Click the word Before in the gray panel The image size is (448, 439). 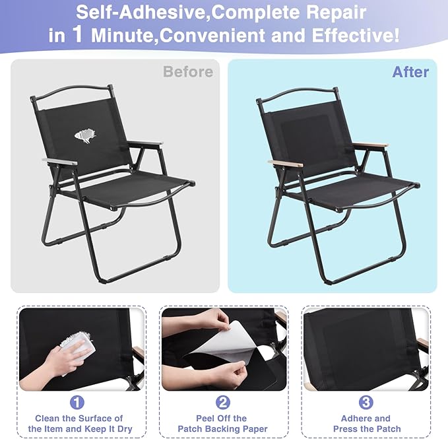pos(188,71)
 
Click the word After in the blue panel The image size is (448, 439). pos(410,72)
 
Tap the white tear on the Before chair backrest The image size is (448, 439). pos(85,136)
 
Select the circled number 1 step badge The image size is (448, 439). pos(77,402)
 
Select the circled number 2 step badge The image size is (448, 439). pos(223,402)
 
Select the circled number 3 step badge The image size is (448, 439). pos(366,402)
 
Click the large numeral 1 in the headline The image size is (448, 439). pos(78,34)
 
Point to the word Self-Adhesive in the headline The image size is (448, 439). pos(141,13)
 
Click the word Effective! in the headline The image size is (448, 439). pos(356,36)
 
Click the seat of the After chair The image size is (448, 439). pos(360,190)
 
